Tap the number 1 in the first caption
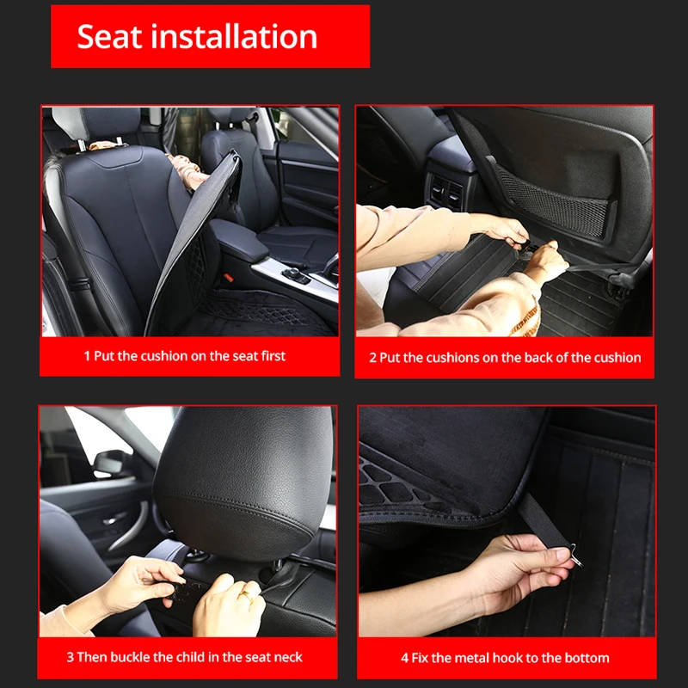tap(87, 356)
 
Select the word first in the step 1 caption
tap(268, 356)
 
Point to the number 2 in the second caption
tap(373, 358)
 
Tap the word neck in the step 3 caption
tap(286, 657)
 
